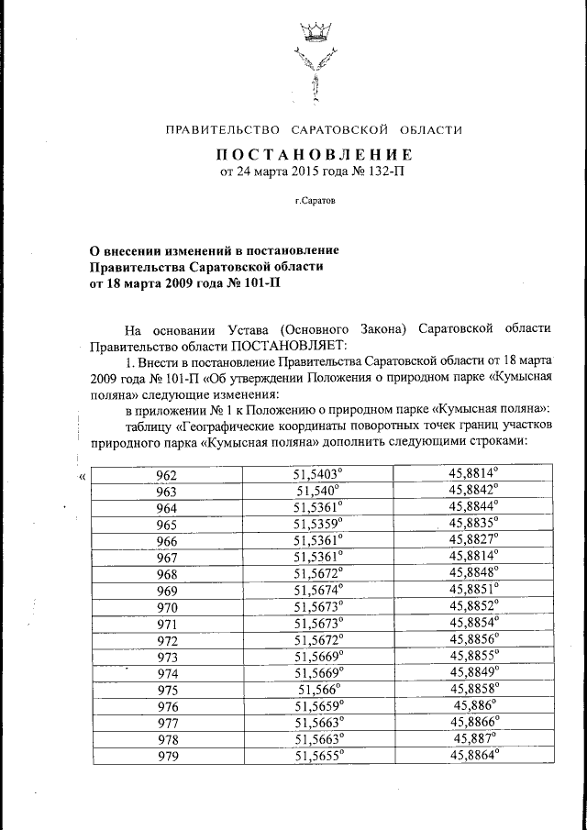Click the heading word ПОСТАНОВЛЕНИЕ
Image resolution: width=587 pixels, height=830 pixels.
point(314,154)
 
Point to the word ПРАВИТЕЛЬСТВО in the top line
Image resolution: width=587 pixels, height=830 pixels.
point(223,130)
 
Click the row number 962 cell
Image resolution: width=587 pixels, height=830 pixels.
point(167,474)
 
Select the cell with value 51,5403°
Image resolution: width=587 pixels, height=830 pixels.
point(317,473)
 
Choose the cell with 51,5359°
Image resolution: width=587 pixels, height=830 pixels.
point(317,523)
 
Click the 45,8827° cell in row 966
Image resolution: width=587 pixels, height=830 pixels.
point(473,538)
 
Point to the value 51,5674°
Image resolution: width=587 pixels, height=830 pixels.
point(317,588)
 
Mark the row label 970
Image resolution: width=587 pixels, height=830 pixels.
point(167,606)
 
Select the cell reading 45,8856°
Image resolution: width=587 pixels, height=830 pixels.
point(473,638)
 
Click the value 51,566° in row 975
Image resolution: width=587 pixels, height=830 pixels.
point(317,688)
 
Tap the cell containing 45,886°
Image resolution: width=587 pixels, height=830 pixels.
point(473,704)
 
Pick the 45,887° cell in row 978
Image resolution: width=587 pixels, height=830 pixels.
point(473,737)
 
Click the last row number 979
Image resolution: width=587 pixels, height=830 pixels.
point(167,756)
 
